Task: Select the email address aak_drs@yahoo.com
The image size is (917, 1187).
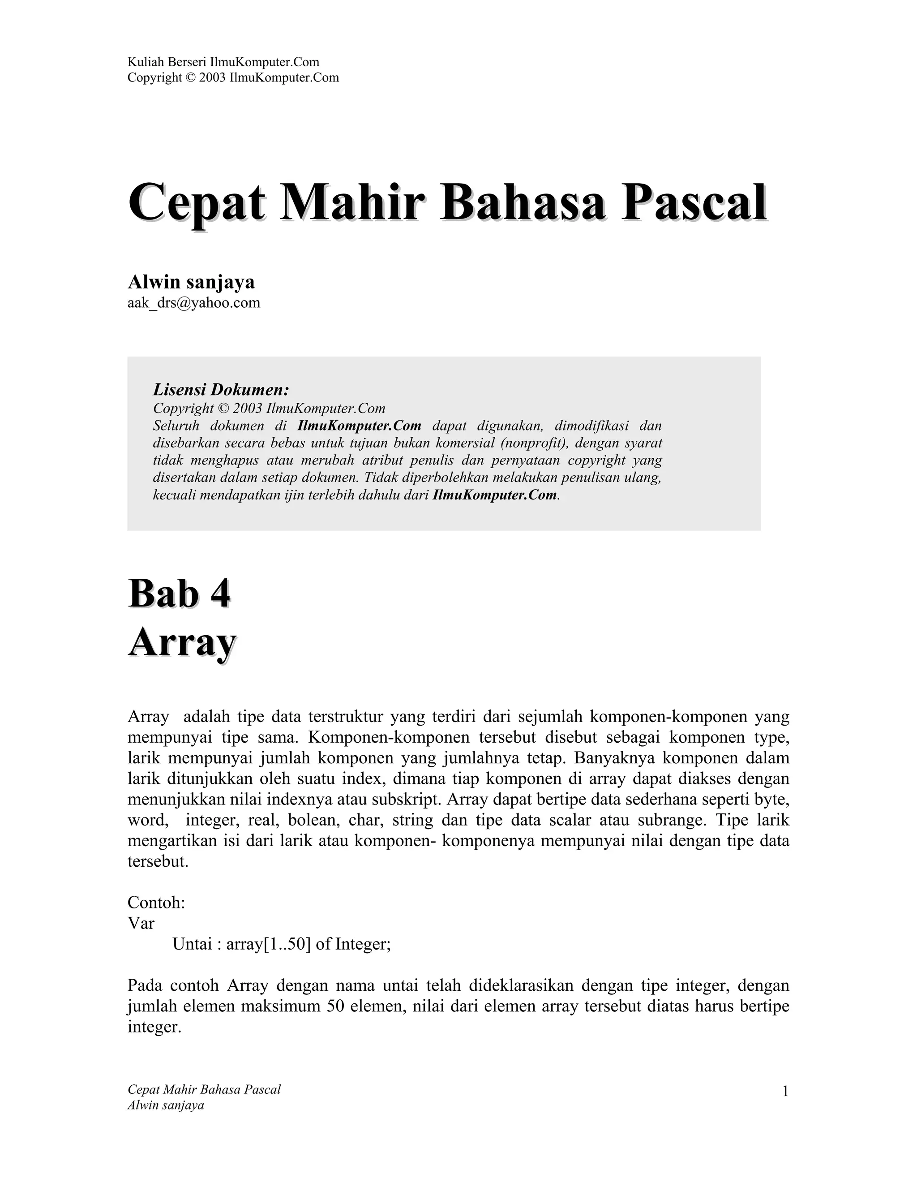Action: point(194,303)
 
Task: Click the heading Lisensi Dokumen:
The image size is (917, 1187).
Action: point(221,389)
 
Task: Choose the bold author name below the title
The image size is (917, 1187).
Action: point(191,282)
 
